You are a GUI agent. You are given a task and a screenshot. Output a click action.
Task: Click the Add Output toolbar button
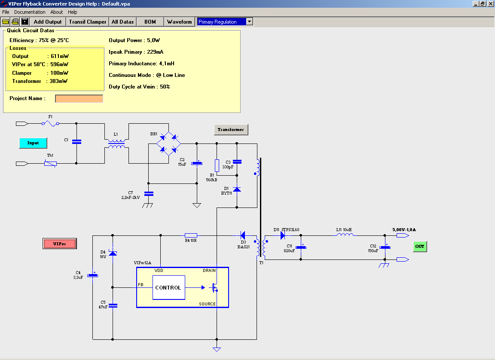[48, 21]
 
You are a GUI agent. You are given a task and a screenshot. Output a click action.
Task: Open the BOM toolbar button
[150, 21]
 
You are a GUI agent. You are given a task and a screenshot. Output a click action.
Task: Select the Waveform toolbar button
[179, 21]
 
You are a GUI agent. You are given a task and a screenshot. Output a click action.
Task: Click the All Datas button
[122, 21]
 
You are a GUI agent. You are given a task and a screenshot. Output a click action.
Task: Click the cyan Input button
[33, 143]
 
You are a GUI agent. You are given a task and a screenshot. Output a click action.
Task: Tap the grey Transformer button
[231, 130]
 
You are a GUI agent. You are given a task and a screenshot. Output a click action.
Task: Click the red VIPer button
[60, 244]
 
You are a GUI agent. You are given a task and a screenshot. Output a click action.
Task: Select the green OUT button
[420, 247]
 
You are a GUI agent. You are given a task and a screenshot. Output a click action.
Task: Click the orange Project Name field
[79, 99]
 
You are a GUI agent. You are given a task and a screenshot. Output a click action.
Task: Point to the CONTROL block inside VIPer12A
[168, 287]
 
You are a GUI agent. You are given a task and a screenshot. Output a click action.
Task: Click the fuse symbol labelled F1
[51, 124]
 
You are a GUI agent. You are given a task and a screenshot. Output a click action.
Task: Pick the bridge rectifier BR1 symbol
[168, 143]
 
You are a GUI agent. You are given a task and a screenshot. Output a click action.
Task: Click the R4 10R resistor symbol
[191, 235]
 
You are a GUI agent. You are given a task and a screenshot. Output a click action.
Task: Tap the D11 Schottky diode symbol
[283, 235]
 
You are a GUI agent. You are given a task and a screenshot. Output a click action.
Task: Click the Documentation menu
[30, 12]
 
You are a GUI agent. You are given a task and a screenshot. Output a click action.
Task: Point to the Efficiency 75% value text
[39, 40]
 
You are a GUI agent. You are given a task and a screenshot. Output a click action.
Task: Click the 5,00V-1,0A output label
[404, 230]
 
